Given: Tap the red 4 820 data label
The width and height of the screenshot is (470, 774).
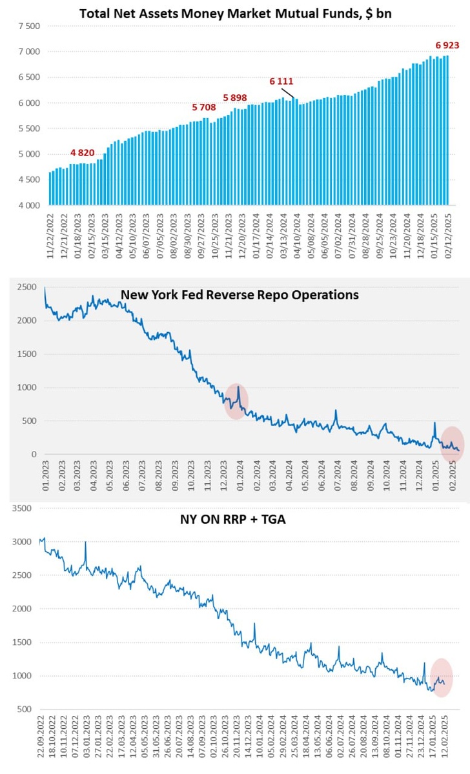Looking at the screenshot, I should click(x=82, y=153).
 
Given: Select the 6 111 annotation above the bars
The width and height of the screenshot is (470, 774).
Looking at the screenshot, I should click(x=281, y=82).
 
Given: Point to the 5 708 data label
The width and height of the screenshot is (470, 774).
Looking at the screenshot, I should click(x=205, y=107).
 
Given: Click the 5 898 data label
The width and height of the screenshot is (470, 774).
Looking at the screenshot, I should click(x=235, y=97).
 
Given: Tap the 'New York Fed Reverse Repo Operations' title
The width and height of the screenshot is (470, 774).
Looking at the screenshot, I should click(x=240, y=295).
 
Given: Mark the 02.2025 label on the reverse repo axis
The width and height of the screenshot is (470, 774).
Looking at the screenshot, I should click(x=453, y=476).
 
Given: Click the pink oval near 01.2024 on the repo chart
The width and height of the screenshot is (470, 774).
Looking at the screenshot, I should click(x=236, y=401).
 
